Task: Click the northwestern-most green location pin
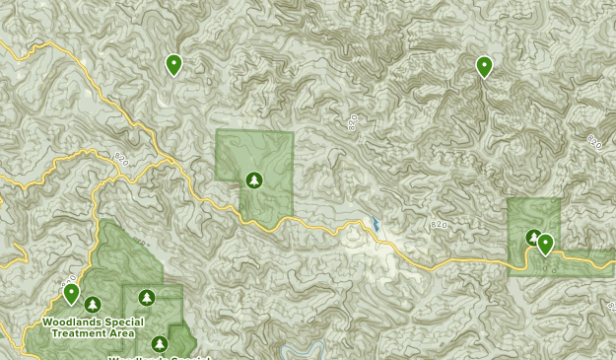(x=173, y=65)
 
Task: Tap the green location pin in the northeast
(x=484, y=66)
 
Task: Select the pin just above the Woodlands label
(x=71, y=294)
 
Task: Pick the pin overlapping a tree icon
(x=544, y=245)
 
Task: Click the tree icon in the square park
(x=254, y=180)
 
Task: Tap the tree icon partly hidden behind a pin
(x=533, y=238)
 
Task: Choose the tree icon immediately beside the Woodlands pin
(x=93, y=304)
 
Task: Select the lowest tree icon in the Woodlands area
(x=159, y=343)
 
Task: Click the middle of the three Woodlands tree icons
(x=147, y=296)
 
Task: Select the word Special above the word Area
(x=126, y=323)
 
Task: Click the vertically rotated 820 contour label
(x=353, y=123)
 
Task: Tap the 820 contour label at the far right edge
(x=594, y=143)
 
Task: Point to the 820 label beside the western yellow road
(x=121, y=158)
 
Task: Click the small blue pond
(x=376, y=225)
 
